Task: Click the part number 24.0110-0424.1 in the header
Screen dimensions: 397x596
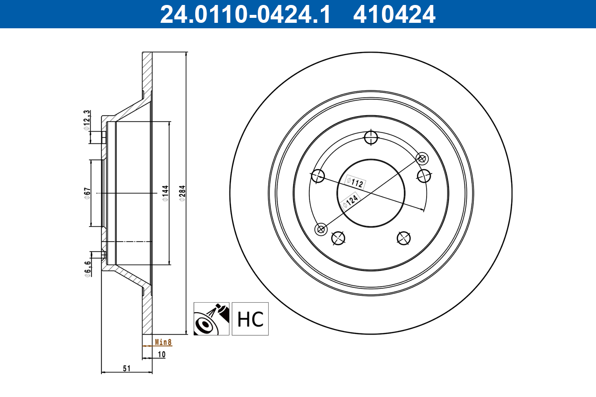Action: (245, 14)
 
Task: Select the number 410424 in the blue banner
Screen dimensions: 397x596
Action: (394, 14)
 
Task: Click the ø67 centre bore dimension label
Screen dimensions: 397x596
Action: (87, 193)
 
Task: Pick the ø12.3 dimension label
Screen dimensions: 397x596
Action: (86, 120)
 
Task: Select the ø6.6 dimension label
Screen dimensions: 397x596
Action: (87, 268)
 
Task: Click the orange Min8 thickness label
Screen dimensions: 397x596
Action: (163, 342)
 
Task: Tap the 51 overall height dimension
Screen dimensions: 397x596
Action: (127, 368)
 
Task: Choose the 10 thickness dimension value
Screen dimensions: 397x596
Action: (161, 354)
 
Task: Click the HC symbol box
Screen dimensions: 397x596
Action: (250, 319)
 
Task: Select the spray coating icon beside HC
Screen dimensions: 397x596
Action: (211, 319)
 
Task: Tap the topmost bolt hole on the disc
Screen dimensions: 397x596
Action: (371, 137)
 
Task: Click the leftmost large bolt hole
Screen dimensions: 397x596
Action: (317, 176)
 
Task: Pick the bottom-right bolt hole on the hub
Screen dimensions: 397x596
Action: (404, 238)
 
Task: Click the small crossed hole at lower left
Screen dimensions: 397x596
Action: (321, 229)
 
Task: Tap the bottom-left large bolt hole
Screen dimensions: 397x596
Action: (338, 238)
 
